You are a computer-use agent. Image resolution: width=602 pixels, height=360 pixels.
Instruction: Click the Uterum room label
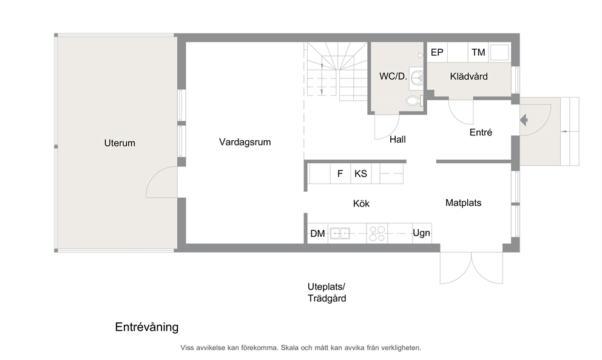[x=120, y=143]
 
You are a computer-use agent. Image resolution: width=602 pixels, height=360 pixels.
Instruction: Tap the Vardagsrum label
[x=245, y=142]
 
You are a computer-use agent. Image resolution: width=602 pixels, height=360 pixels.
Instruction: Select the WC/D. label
[x=393, y=76]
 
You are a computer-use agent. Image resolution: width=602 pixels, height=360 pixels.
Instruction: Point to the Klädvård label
[x=468, y=76]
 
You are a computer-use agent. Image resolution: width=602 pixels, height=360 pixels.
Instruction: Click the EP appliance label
[x=437, y=52]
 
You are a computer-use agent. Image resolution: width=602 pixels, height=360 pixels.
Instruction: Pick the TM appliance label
[x=478, y=52]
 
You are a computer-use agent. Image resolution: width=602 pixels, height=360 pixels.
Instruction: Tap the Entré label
[x=481, y=132]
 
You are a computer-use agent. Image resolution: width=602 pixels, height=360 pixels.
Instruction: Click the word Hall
[x=397, y=140]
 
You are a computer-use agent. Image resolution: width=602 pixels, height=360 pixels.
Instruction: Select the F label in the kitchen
[x=340, y=174]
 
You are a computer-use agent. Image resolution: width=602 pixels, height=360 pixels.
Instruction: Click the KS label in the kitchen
[x=360, y=174]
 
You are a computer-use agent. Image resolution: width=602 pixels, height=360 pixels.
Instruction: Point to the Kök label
[x=361, y=203]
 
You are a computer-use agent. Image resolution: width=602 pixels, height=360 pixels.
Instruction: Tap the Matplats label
[x=464, y=203]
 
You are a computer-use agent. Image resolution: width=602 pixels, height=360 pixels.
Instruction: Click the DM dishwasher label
[x=317, y=234]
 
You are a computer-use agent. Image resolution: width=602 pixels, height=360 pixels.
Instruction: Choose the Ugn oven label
[x=422, y=233]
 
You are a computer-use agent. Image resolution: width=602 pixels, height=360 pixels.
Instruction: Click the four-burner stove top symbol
[x=377, y=234]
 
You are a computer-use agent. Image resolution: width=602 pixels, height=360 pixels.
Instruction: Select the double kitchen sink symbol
[x=340, y=233]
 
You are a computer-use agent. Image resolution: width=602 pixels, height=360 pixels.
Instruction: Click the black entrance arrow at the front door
[x=524, y=120]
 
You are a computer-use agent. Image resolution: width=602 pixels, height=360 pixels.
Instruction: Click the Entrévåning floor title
[x=147, y=327]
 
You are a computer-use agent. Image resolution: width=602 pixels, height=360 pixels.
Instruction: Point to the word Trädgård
[x=326, y=299]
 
